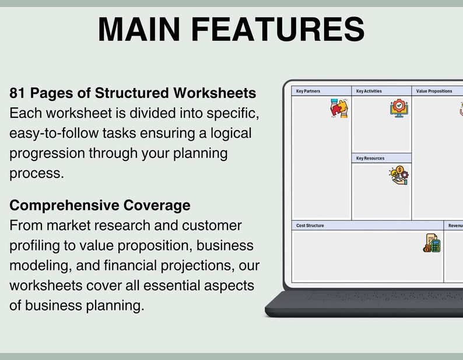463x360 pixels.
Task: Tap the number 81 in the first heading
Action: click(17, 93)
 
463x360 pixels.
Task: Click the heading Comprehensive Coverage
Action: click(100, 205)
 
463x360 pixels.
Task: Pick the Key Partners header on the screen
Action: click(308, 91)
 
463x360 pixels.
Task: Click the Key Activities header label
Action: click(369, 91)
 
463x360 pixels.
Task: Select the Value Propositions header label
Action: click(434, 91)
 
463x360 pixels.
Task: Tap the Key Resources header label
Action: click(370, 158)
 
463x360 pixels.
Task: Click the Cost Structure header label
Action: click(310, 225)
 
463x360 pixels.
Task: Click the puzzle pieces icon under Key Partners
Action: click(339, 109)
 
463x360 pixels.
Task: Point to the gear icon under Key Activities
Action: click(399, 109)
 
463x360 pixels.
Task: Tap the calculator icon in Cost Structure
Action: click(432, 243)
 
